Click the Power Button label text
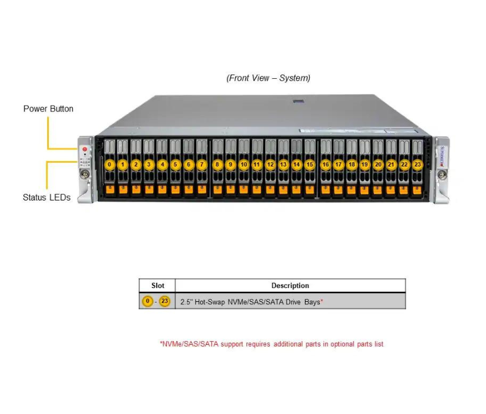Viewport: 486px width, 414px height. point(48,109)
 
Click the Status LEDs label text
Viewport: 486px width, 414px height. point(46,197)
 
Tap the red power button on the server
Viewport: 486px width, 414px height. point(85,149)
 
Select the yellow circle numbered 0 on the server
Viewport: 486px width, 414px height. point(110,164)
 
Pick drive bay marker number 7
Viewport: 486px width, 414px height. point(202,164)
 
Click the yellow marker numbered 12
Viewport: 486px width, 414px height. point(270,164)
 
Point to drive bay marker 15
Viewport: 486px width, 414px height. point(310,164)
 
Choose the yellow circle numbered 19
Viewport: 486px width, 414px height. point(364,164)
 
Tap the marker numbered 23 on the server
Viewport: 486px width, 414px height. point(418,164)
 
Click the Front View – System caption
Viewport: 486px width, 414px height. point(268,78)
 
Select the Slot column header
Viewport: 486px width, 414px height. point(158,286)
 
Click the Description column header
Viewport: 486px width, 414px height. point(290,286)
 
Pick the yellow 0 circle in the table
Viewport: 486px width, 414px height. point(148,301)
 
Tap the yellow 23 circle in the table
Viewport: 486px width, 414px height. point(164,301)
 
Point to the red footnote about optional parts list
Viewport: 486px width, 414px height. point(272,344)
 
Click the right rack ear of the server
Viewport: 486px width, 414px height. point(441,170)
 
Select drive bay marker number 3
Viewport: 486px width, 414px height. point(149,164)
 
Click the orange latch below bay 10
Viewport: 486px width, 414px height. point(244,189)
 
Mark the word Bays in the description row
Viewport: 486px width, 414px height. point(310,302)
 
